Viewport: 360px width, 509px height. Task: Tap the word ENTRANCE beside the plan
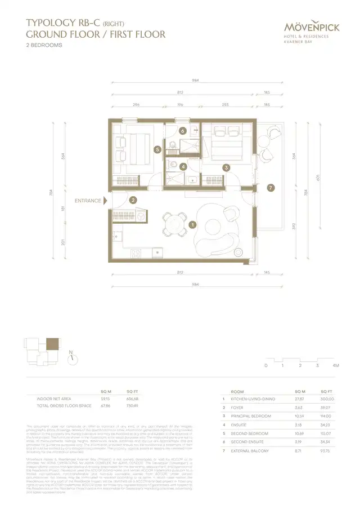(88, 200)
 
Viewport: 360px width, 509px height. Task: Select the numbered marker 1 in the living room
(193, 224)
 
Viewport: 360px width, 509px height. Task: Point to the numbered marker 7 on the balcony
(271, 188)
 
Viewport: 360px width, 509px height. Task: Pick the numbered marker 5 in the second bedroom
(158, 149)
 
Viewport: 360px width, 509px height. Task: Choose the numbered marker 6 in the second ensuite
(182, 130)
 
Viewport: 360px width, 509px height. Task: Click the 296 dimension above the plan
(137, 104)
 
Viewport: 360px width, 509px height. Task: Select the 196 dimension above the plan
(181, 104)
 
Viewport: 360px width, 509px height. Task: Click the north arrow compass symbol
(71, 358)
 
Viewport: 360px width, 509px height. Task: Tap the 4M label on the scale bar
(335, 366)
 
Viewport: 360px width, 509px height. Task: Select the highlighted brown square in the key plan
(52, 344)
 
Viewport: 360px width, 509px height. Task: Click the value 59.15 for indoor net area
(106, 398)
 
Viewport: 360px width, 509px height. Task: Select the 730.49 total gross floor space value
(133, 405)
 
